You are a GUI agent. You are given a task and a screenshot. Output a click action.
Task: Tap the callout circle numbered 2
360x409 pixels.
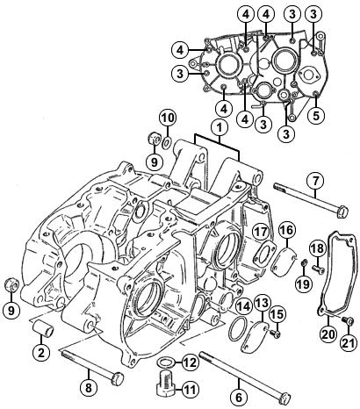point(41,353)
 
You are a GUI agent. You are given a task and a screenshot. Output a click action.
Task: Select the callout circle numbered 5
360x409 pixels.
point(316,116)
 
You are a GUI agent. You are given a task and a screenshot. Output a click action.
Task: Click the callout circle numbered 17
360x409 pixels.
point(261,232)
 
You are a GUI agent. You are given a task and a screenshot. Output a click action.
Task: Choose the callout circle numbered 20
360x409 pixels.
point(328,334)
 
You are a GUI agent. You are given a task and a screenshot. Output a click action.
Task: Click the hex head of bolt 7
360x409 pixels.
point(342,211)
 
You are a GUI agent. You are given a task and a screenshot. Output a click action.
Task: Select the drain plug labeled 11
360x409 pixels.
point(166,382)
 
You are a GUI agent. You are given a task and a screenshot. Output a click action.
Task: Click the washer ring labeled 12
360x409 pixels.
point(166,362)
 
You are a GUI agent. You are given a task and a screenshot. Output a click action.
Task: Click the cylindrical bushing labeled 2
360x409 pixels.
point(42,329)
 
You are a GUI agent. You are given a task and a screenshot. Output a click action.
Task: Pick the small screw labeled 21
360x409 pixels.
point(348,320)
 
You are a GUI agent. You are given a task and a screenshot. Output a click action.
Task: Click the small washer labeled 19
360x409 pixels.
point(305,262)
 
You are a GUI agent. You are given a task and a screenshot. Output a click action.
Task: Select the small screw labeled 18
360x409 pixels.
point(318,270)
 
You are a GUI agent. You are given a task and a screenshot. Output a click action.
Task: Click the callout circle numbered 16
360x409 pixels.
point(287,230)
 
